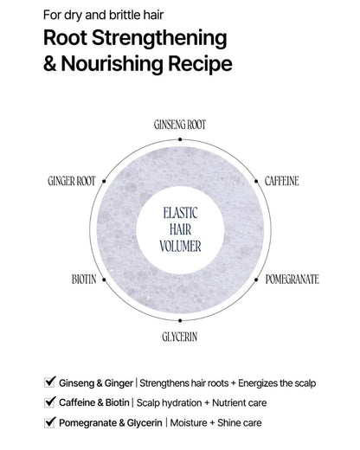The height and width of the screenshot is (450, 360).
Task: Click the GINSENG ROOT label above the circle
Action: click(x=180, y=125)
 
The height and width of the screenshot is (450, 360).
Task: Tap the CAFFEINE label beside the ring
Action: click(x=282, y=181)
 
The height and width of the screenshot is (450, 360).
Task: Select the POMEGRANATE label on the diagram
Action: click(x=292, y=280)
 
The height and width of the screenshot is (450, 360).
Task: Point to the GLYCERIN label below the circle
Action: click(x=180, y=337)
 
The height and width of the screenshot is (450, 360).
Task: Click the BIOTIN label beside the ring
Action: click(x=84, y=280)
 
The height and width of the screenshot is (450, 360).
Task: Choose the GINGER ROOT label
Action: click(x=72, y=181)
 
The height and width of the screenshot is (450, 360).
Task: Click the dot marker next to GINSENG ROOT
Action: click(x=180, y=139)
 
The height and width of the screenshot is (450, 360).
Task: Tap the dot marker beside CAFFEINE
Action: click(x=256, y=181)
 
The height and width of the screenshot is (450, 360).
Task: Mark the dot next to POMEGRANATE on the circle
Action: click(x=256, y=280)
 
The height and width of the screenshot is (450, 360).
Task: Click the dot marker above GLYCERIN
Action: click(x=180, y=320)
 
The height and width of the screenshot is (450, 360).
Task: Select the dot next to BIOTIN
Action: click(x=104, y=280)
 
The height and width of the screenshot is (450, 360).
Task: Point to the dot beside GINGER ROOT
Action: click(x=104, y=181)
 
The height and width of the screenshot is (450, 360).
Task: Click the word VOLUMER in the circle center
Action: click(x=180, y=247)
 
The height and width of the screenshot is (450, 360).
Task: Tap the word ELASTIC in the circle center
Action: click(x=180, y=213)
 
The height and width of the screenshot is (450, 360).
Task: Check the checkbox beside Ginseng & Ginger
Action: click(x=49, y=382)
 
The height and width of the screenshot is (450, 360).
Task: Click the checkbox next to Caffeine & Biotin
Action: click(x=49, y=402)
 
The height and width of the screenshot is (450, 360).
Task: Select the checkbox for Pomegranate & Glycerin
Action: click(x=49, y=422)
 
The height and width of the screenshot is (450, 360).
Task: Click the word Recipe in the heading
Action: click(x=200, y=64)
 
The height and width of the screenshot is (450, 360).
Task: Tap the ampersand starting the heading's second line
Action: click(x=50, y=64)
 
